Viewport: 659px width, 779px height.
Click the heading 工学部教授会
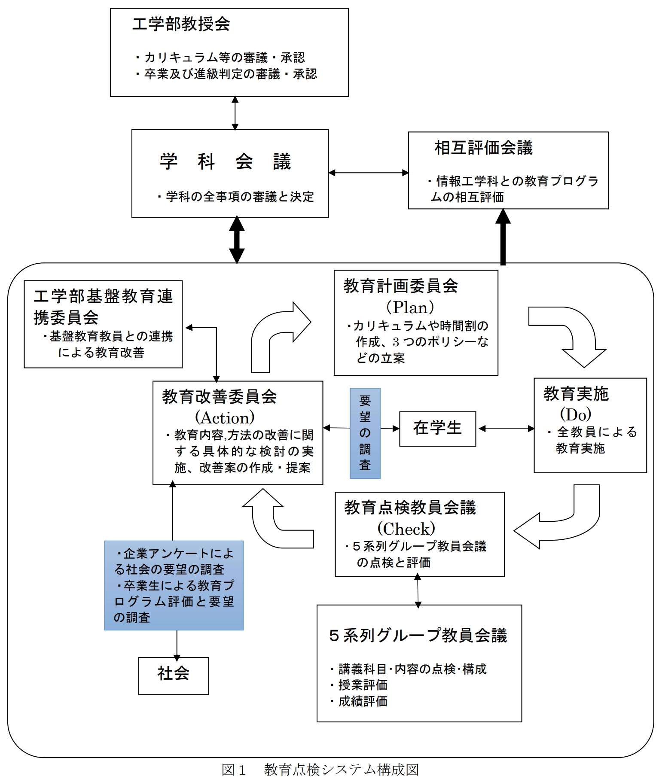[x=181, y=24]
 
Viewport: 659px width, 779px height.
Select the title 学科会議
[x=225, y=161]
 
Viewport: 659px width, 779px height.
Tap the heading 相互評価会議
[x=483, y=148]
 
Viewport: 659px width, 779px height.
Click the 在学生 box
[x=437, y=429]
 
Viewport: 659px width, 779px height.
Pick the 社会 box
[x=173, y=675]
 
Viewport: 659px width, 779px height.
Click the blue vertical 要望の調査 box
[x=365, y=433]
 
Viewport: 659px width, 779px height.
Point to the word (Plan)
[x=410, y=307]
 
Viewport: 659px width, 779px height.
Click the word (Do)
[x=575, y=414]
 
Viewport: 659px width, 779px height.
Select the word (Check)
[x=406, y=528]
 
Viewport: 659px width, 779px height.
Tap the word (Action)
[x=225, y=417]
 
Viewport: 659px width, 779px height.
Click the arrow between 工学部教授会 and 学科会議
[x=235, y=113]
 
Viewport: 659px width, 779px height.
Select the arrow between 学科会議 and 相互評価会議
[x=368, y=173]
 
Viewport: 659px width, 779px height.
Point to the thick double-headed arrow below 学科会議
[x=236, y=240]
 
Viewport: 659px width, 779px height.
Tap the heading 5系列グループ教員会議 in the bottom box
[x=418, y=635]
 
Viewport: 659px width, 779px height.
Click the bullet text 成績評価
[x=363, y=701]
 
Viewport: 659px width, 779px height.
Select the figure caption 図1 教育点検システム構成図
[x=320, y=770]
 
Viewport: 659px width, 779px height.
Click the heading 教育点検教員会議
[x=410, y=508]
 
